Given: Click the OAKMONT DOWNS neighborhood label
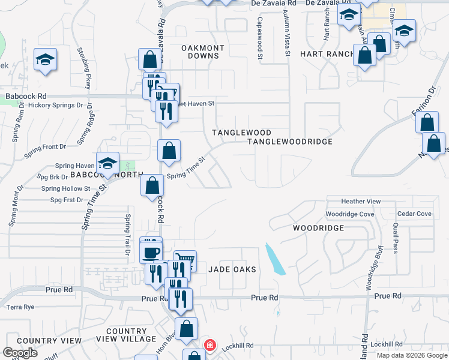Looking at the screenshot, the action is click(x=203, y=52).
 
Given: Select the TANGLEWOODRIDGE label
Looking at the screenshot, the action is click(x=290, y=142).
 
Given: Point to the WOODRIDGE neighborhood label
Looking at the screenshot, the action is click(x=318, y=228).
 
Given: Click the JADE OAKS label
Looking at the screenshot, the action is click(x=232, y=270).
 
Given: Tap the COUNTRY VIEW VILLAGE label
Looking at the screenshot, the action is click(x=131, y=335).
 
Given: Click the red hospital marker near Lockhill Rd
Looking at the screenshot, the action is click(x=209, y=345).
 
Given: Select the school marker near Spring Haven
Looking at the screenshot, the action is click(x=107, y=163).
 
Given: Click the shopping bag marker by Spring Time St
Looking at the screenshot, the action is click(x=169, y=151).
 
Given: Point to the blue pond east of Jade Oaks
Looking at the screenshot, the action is click(x=274, y=260).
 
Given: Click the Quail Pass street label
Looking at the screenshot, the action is click(x=396, y=238).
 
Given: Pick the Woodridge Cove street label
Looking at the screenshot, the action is click(x=349, y=214).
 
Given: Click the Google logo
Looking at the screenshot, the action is click(x=20, y=353).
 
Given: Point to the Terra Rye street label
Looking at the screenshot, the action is click(x=20, y=307).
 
